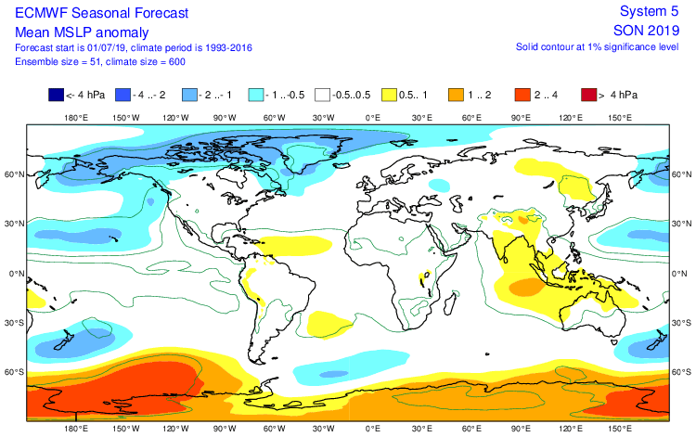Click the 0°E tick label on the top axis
373,118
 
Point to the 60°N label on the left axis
13,174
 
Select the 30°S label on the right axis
682,323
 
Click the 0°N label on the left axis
13,274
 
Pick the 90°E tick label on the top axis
521,118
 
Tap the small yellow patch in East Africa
426,275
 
